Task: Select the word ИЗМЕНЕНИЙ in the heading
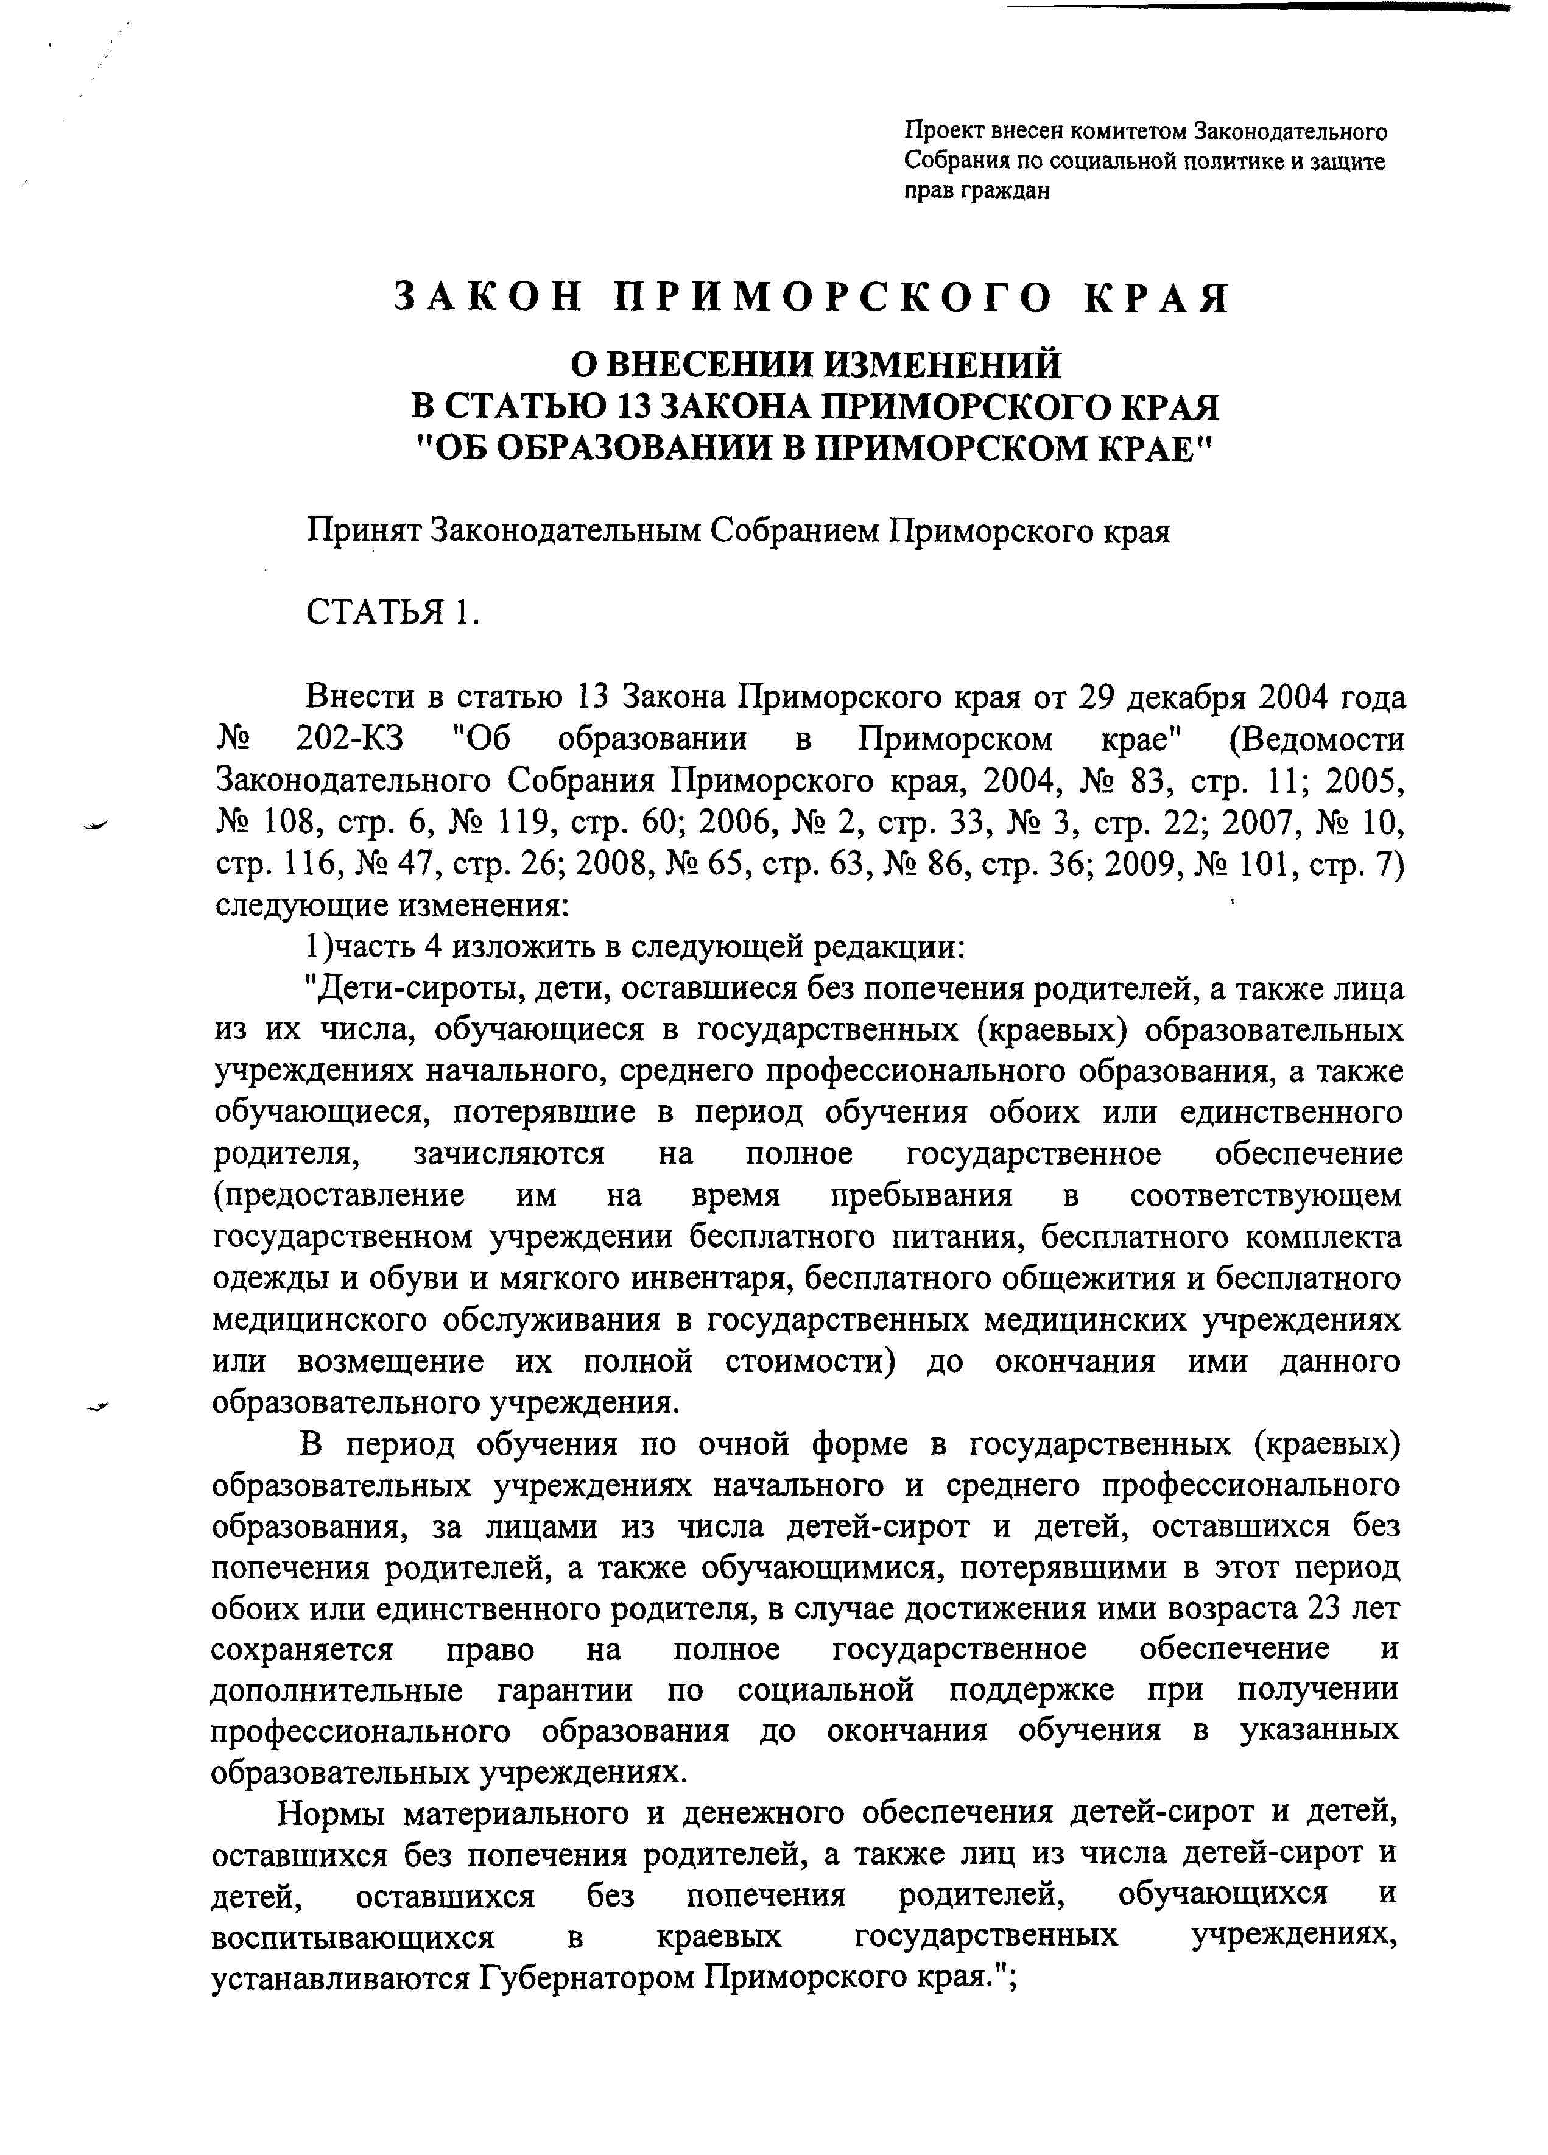[940, 364]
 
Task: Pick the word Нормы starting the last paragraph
[329, 1814]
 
